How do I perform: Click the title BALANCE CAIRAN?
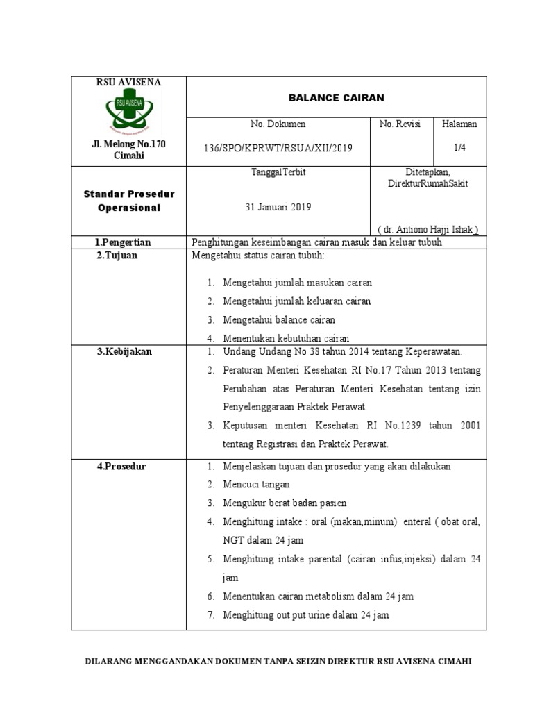click(x=337, y=98)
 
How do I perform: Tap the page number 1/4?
click(x=460, y=149)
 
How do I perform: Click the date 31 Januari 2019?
click(x=278, y=207)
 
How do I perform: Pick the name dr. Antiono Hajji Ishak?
click(x=428, y=229)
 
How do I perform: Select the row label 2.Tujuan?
click(x=117, y=256)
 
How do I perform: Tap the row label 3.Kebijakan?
click(x=124, y=352)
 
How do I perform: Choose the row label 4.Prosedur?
click(x=121, y=467)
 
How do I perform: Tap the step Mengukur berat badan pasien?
click(x=285, y=503)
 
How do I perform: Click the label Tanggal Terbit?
click(x=278, y=172)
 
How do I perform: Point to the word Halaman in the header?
click(x=460, y=124)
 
